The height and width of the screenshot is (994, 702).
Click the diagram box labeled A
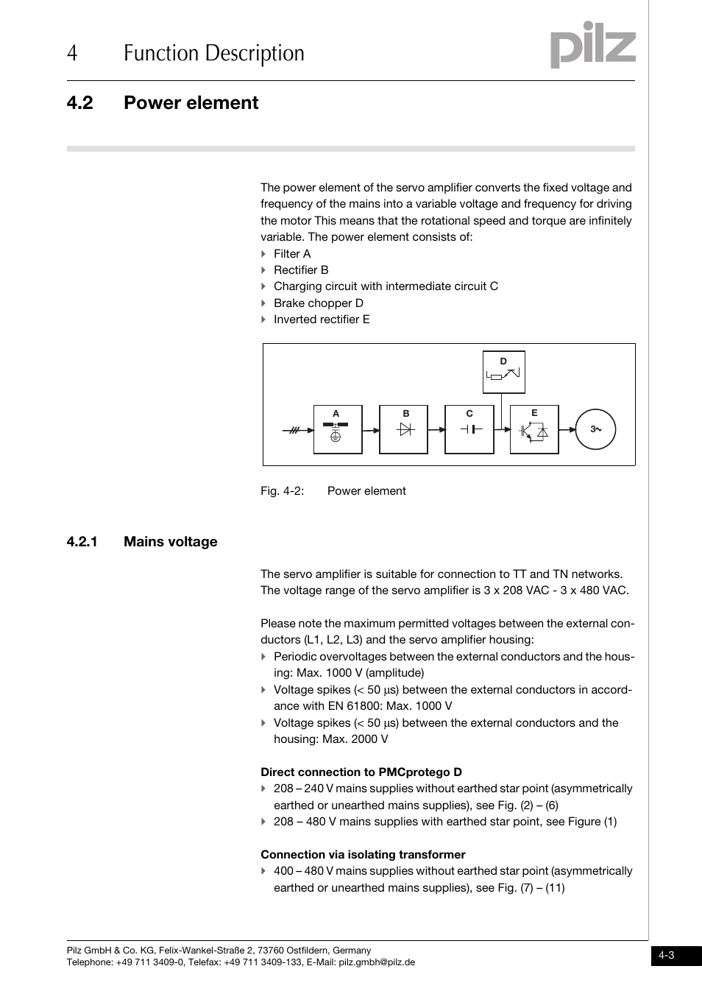click(x=338, y=429)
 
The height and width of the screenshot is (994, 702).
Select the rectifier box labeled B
click(x=403, y=429)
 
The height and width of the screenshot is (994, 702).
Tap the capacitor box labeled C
click(x=469, y=429)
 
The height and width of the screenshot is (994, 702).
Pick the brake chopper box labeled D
click(x=503, y=372)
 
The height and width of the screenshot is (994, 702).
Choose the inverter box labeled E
click(x=534, y=429)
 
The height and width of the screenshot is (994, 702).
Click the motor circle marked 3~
click(x=595, y=429)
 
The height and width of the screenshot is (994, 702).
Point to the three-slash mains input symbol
click(x=294, y=430)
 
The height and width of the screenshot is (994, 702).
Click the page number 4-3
click(x=667, y=956)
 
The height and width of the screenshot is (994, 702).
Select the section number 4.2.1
click(x=82, y=542)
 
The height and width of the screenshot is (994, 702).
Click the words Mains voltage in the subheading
click(x=171, y=542)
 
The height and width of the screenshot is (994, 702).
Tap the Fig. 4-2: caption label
click(x=282, y=491)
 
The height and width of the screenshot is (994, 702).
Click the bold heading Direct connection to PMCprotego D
click(x=361, y=772)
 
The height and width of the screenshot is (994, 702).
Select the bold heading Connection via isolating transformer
click(x=363, y=855)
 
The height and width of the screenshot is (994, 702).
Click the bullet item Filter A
click(x=292, y=254)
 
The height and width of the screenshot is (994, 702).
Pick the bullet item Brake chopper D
click(x=318, y=303)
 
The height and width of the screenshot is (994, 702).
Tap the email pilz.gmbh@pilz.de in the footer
click(x=377, y=962)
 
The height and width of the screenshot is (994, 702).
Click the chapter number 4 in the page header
click(x=71, y=54)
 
